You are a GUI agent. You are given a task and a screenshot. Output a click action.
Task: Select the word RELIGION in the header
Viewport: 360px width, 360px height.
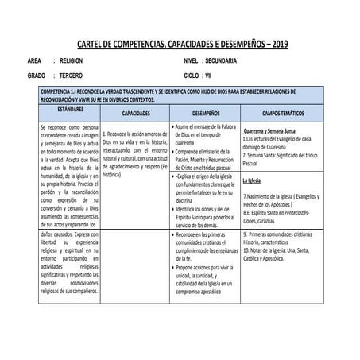tap(77, 60)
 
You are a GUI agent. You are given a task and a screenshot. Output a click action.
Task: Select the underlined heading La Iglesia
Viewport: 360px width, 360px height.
tap(254, 181)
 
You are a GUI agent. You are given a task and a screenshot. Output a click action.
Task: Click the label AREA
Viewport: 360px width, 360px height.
tap(34, 60)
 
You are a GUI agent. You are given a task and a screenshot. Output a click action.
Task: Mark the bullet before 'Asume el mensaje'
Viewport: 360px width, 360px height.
tap(173, 127)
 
